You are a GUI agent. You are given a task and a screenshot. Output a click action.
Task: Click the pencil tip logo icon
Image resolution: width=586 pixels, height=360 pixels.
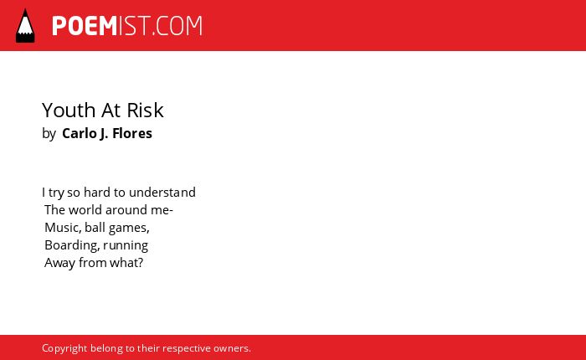25,26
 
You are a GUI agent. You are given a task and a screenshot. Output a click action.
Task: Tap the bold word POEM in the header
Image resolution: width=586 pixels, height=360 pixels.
85,26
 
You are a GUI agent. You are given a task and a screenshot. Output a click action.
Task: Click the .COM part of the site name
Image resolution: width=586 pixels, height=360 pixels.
177,26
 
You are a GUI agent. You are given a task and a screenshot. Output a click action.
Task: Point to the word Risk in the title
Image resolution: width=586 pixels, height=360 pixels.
145,110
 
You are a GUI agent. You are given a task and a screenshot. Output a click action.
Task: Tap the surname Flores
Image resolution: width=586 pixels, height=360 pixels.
132,133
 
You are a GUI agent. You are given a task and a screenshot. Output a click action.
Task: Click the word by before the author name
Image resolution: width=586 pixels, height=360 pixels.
49,134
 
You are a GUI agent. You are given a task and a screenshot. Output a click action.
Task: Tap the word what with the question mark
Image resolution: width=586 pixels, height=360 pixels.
126,262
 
